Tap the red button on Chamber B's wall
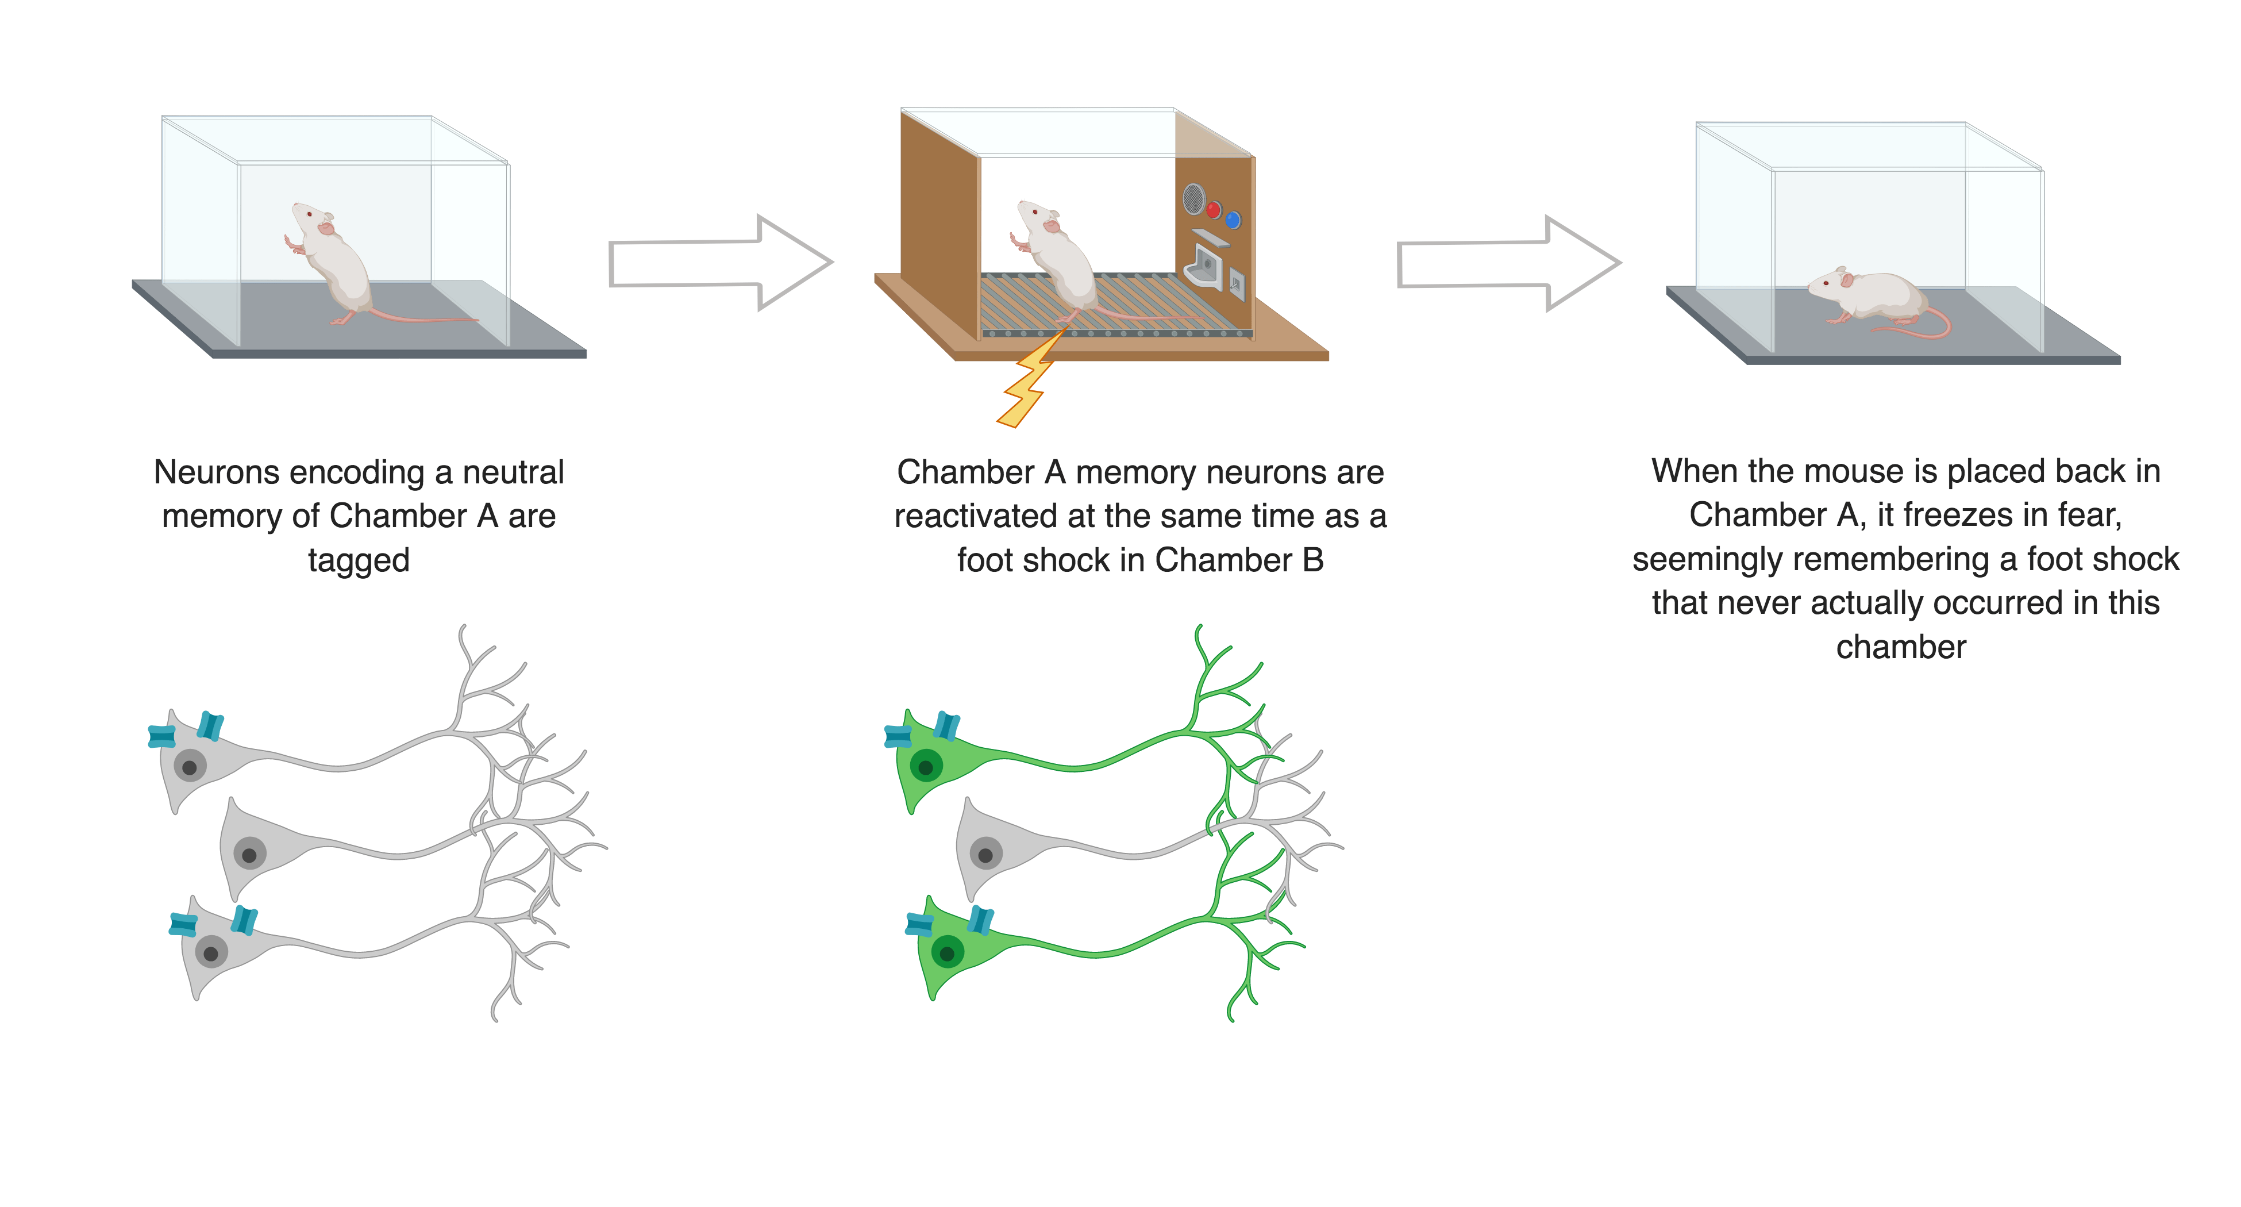1212,209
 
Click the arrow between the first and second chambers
721,263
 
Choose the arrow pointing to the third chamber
1508,263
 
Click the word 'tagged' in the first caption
359,560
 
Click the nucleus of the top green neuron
926,767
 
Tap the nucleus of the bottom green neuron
948,953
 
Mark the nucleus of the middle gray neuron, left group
250,855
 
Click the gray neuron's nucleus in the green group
985,855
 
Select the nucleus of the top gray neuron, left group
190,767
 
